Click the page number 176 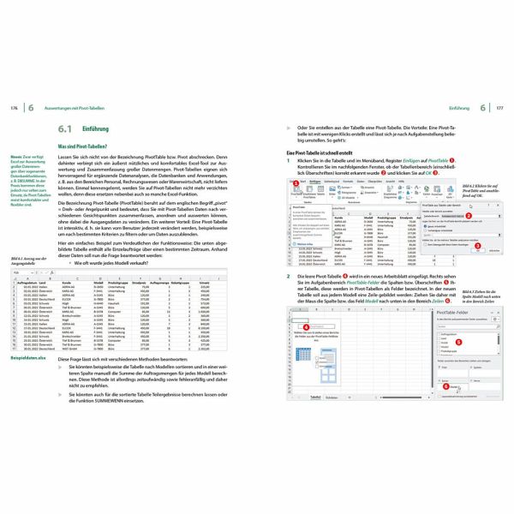pos(14,108)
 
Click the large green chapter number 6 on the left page pos(30,108)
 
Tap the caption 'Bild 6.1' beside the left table pos(17,259)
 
